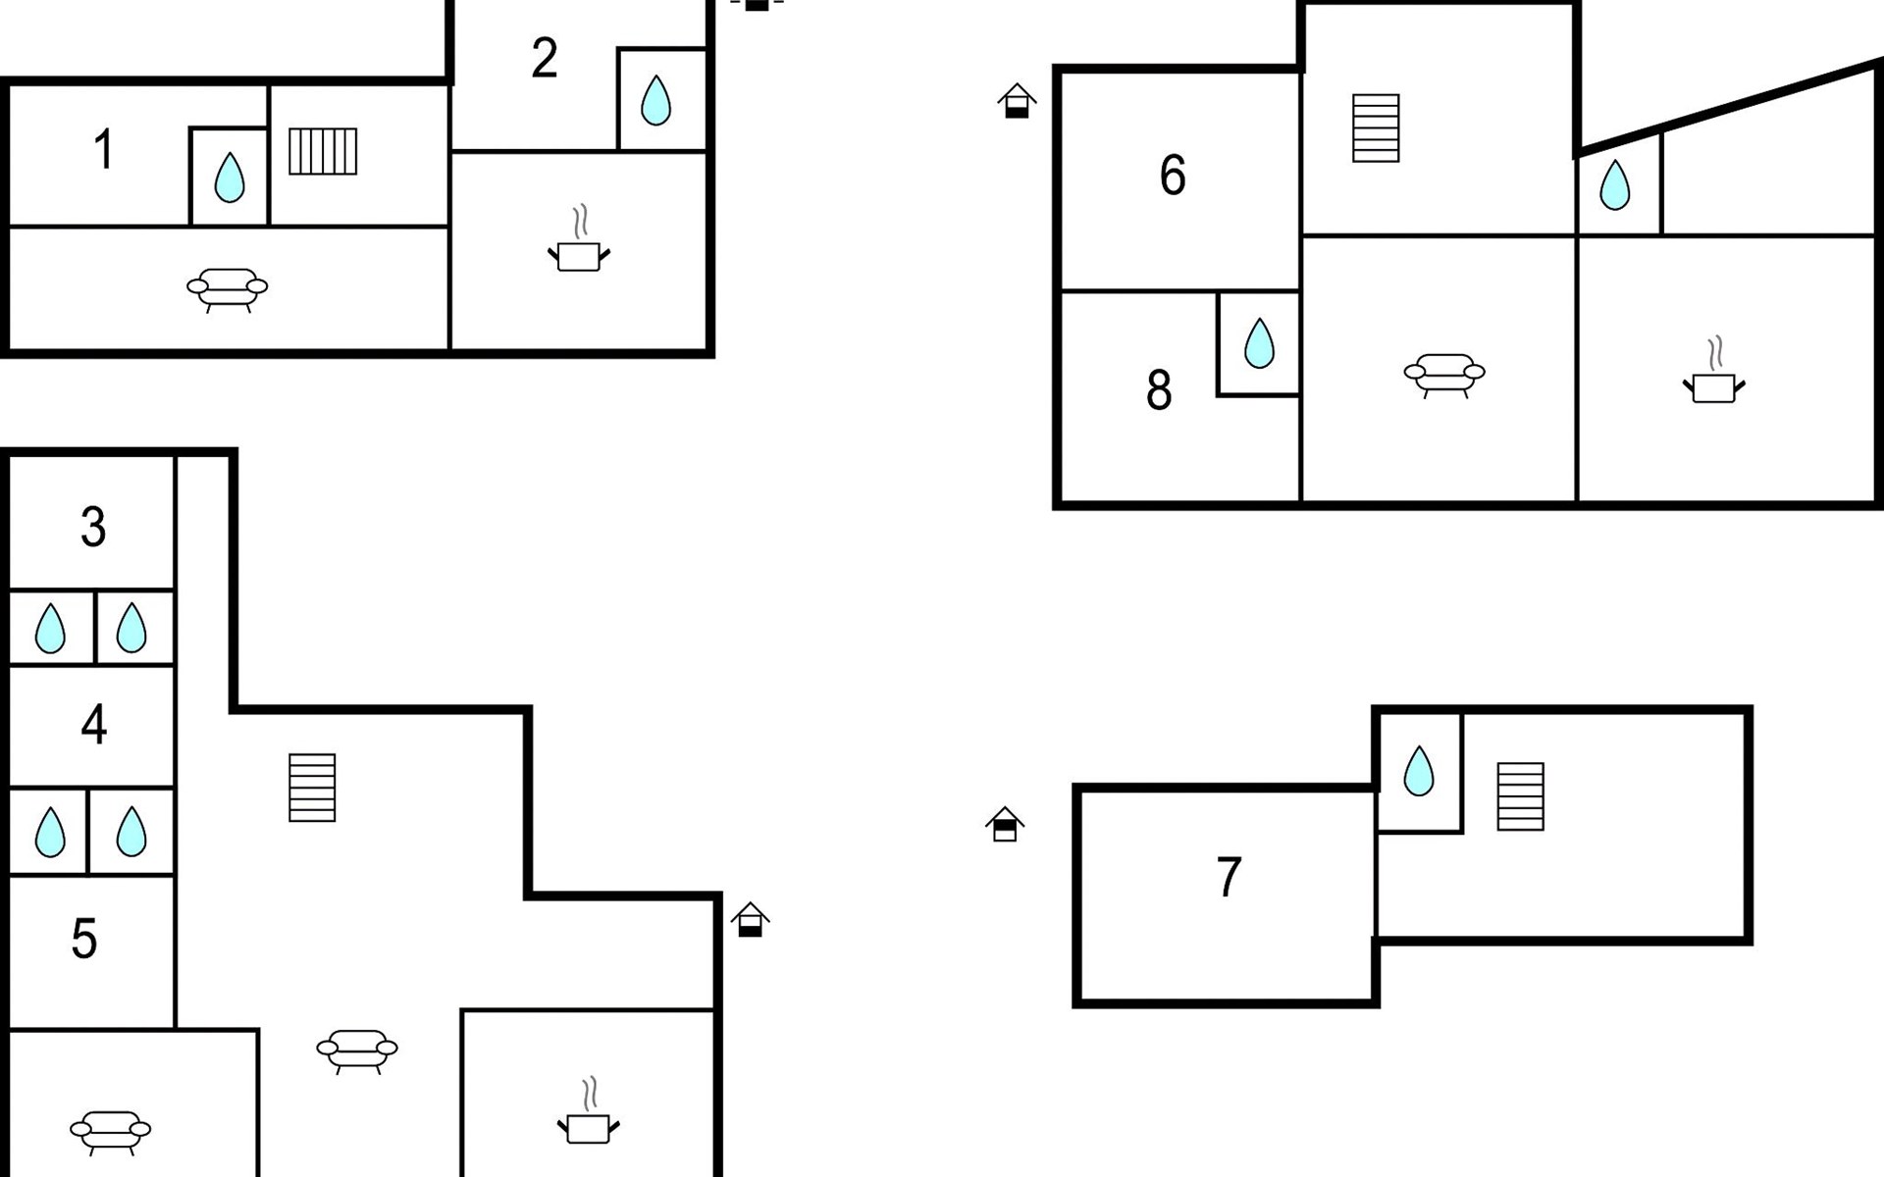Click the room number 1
(x=104, y=150)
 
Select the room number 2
(x=545, y=58)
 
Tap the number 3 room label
(x=93, y=527)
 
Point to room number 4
(x=93, y=725)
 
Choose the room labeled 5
(x=84, y=939)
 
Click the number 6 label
(x=1173, y=176)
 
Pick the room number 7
(x=1230, y=877)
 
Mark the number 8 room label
(x=1159, y=390)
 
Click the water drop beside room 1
(x=229, y=178)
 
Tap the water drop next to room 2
(x=655, y=100)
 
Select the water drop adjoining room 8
(x=1259, y=343)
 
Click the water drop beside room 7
(x=1419, y=771)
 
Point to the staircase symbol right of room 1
(x=323, y=152)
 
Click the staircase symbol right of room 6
(x=1376, y=128)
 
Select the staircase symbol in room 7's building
(x=1521, y=796)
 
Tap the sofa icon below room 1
(x=227, y=289)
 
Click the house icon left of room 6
(x=1018, y=101)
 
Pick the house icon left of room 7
(x=1005, y=824)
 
